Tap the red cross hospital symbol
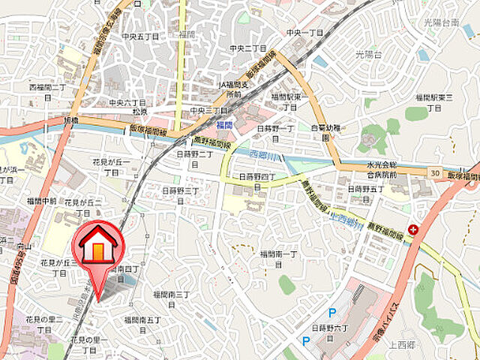pos(412,229)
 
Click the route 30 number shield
pos(436,174)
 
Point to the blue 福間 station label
pos(225,124)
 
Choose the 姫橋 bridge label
pos(70,120)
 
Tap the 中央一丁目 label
pos(304,33)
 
